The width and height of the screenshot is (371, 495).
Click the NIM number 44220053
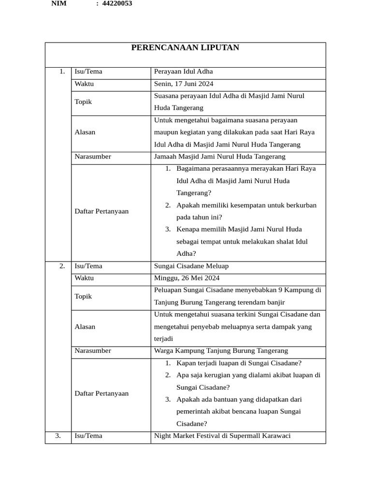[117, 3]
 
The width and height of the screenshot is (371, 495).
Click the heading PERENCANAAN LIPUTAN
[185, 48]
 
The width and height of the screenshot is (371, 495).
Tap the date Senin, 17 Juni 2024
[184, 84]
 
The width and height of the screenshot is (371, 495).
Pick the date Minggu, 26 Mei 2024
[186, 278]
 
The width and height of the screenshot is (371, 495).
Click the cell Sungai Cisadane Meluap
[191, 266]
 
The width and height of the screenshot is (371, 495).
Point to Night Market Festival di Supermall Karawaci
[222, 436]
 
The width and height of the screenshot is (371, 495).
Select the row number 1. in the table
[62, 72]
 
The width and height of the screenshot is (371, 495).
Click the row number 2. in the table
[62, 266]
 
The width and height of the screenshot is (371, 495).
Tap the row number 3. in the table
[58, 436]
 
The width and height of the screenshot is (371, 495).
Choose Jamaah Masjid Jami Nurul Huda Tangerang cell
[219, 157]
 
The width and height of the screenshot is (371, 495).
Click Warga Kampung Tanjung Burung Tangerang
[221, 351]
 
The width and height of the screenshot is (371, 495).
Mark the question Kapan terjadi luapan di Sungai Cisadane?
[239, 363]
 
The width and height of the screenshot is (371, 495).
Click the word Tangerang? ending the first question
[194, 193]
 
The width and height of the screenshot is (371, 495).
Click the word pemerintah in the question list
[195, 412]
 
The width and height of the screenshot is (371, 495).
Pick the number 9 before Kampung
[281, 290]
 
